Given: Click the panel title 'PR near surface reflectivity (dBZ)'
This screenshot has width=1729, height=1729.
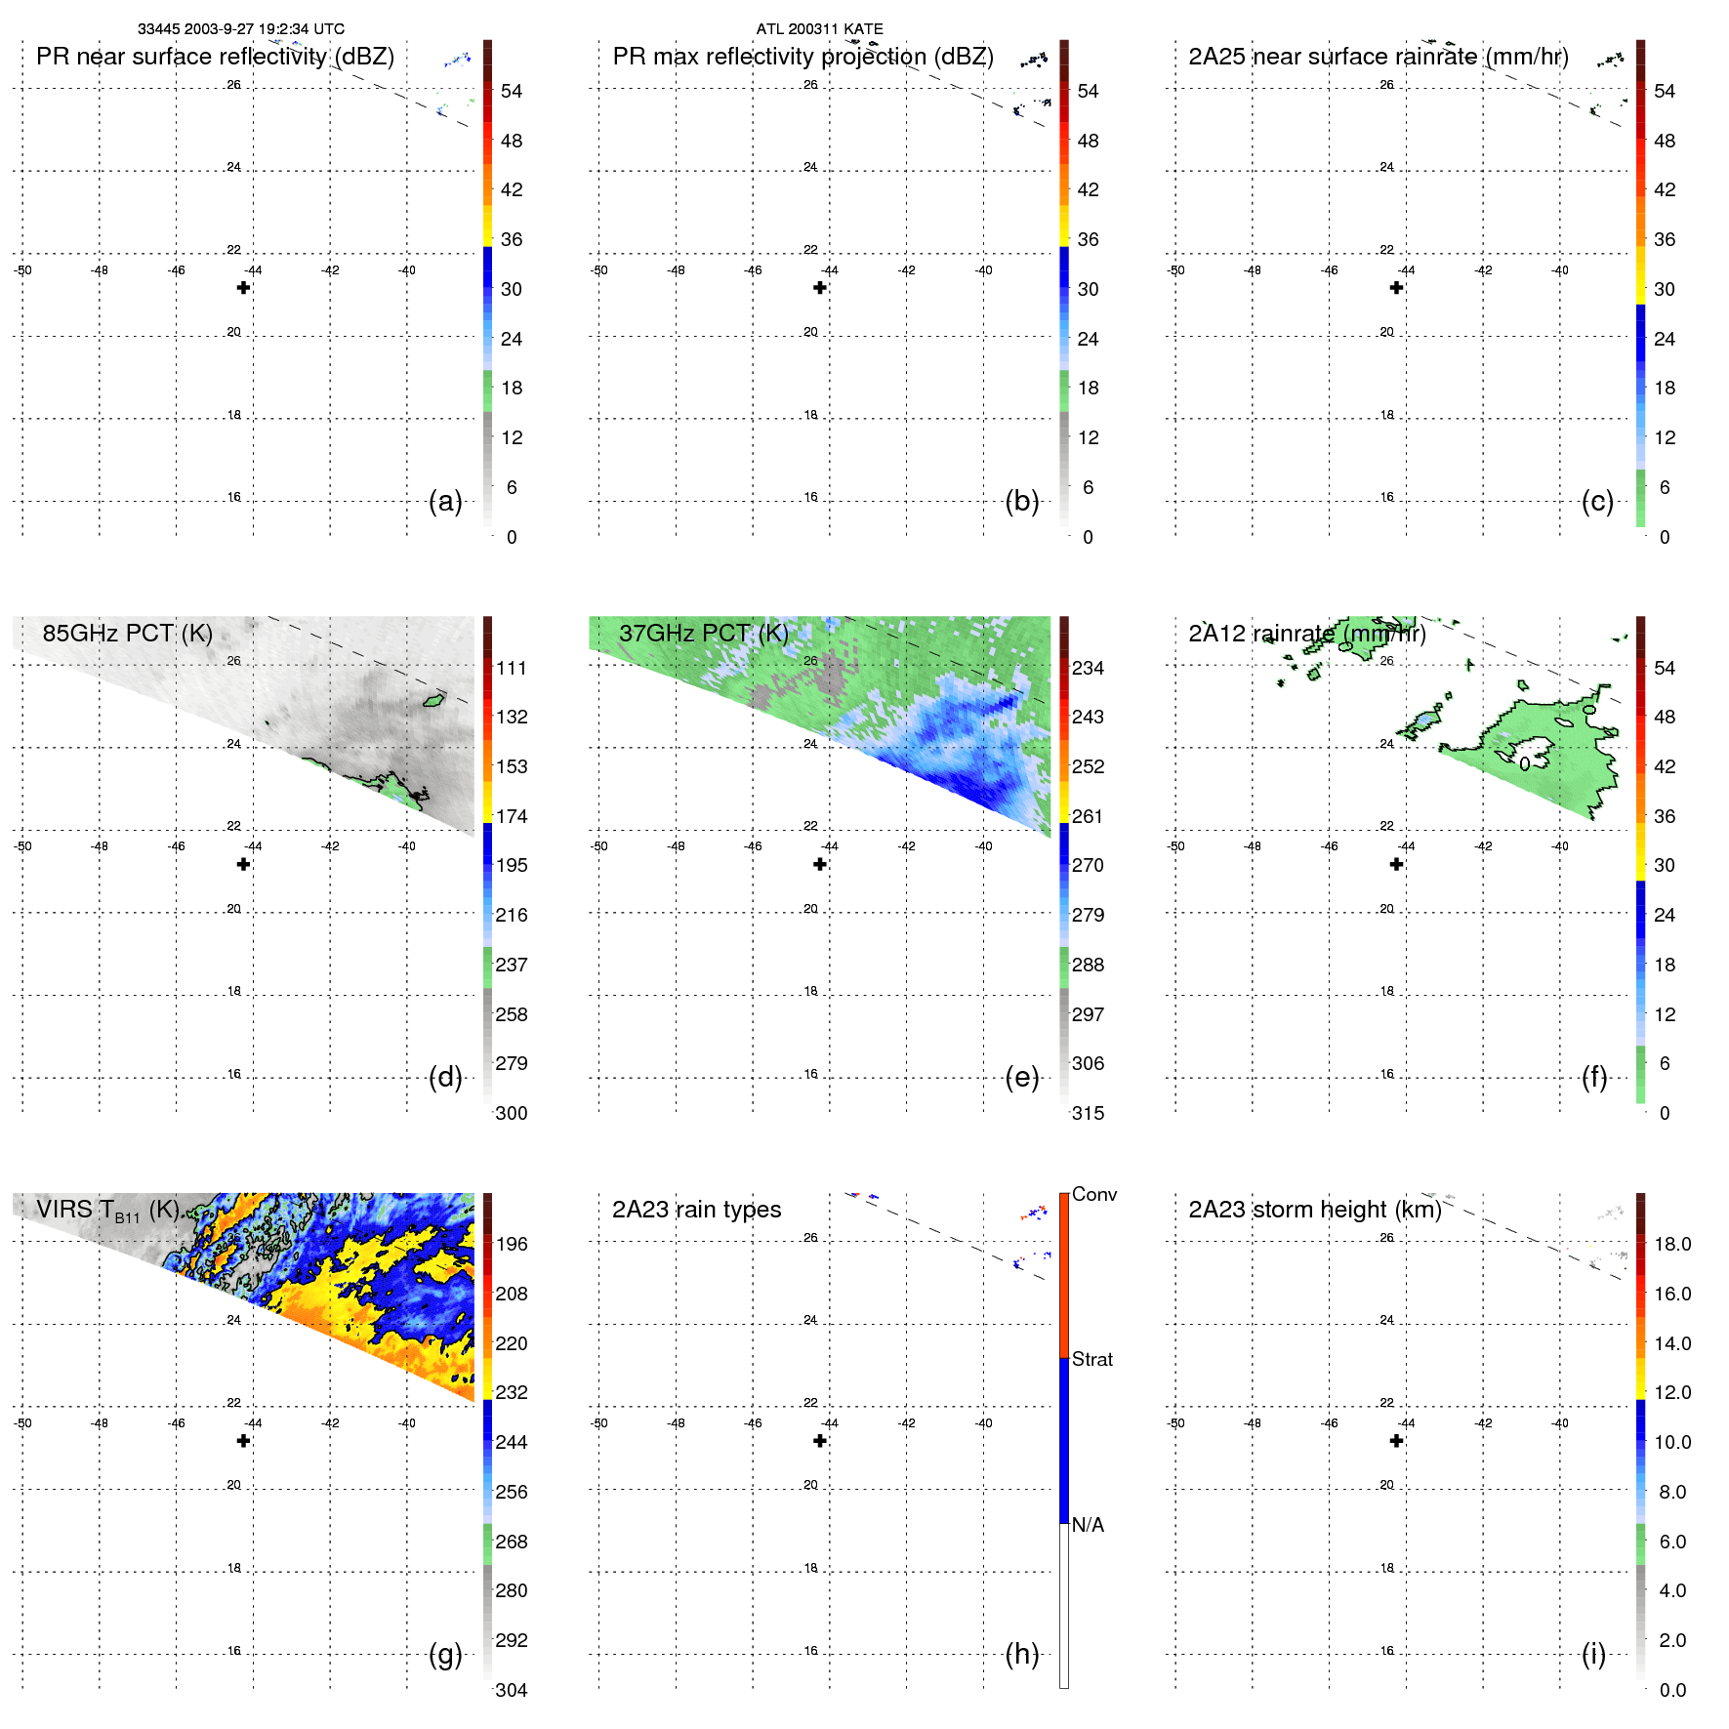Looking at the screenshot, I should pyautogui.click(x=215, y=57).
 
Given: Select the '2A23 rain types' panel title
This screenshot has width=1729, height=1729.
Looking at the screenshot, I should pyautogui.click(x=696, y=1210).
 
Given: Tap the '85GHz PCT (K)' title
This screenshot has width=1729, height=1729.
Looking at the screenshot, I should pyautogui.click(x=127, y=634).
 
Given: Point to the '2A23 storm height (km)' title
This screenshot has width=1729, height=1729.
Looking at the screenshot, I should pyautogui.click(x=1314, y=1210).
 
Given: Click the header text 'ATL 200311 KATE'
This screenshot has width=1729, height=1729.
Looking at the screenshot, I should pyautogui.click(x=819, y=29).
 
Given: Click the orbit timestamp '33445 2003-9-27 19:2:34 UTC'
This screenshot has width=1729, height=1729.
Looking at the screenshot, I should pyautogui.click(x=240, y=29).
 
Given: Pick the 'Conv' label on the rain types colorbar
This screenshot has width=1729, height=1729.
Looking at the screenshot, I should pyautogui.click(x=1093, y=1194).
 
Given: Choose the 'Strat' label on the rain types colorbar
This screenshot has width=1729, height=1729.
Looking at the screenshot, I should pyautogui.click(x=1091, y=1359).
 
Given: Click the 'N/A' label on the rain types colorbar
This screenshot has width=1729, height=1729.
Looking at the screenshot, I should pyautogui.click(x=1088, y=1525).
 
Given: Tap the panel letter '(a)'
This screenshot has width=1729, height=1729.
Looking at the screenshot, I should pyautogui.click(x=445, y=501).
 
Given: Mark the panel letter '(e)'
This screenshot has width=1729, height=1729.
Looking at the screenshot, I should pyautogui.click(x=1021, y=1078).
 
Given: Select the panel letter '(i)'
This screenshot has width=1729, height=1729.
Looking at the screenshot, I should pyautogui.click(x=1593, y=1654).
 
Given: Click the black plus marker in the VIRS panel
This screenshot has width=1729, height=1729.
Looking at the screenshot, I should pyautogui.click(x=243, y=1441).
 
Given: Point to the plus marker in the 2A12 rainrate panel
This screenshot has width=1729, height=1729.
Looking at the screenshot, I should pyautogui.click(x=1396, y=864).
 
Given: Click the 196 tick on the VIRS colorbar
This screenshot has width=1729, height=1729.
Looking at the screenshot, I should pyautogui.click(x=511, y=1244).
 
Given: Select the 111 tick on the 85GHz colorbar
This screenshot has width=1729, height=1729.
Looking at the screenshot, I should pyautogui.click(x=511, y=668).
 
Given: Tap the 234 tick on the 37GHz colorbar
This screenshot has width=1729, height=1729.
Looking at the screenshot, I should pyautogui.click(x=1088, y=668).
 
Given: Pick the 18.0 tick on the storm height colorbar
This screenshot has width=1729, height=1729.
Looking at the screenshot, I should pyautogui.click(x=1671, y=1244).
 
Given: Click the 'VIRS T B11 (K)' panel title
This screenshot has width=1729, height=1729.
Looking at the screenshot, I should pyautogui.click(x=107, y=1211).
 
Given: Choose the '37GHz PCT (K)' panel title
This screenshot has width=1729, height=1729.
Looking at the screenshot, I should pyautogui.click(x=703, y=634).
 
